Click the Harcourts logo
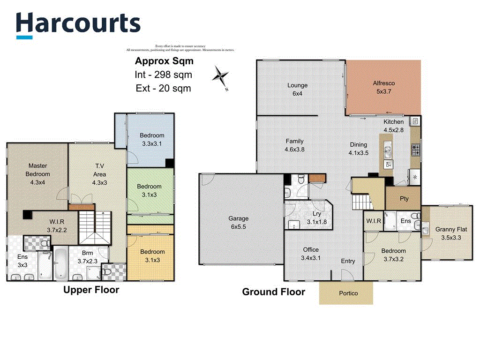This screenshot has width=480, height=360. pos(78,24)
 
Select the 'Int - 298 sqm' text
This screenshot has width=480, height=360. pos(164,75)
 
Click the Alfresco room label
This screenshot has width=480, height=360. pos(384,87)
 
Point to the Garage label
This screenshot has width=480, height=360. pos(238,222)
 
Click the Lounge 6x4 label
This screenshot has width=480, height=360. pos(297,89)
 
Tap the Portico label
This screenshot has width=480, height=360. pos(348,293)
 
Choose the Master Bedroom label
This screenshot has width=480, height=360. pos(37,173)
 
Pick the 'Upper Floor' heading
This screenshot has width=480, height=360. pos(91,290)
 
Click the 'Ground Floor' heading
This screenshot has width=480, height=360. pos(273,292)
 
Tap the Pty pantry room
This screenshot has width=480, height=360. pos(404,198)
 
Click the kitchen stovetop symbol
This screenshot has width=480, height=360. pos(415,150)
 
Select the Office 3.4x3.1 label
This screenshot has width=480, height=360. pos(310,254)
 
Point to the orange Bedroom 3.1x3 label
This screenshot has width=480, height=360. pos(152,256)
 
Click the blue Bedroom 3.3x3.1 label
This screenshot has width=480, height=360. pos(152,140)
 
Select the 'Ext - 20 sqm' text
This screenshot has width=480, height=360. pos(164,88)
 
